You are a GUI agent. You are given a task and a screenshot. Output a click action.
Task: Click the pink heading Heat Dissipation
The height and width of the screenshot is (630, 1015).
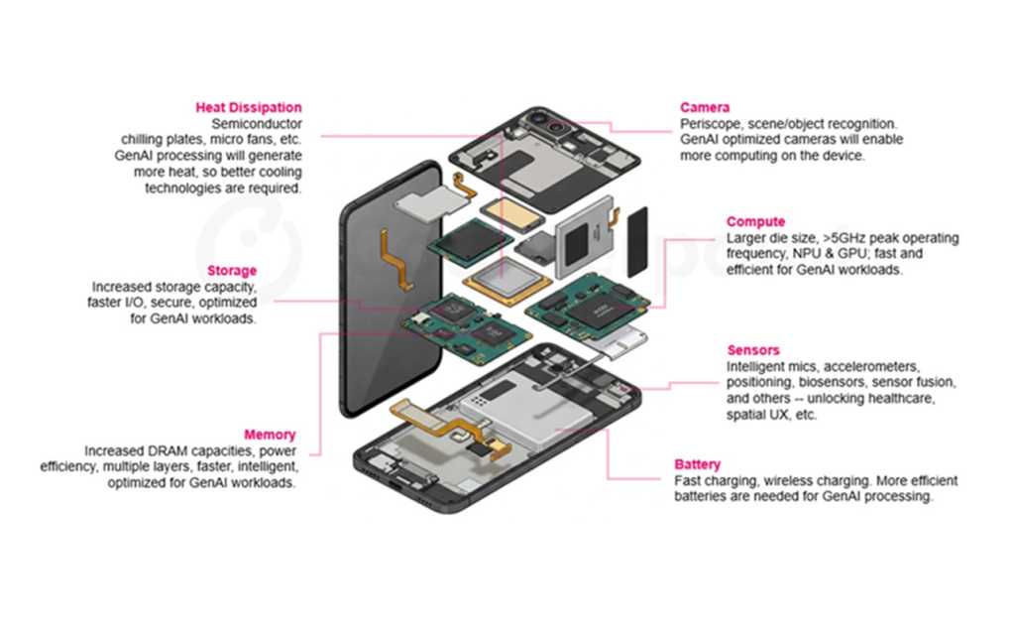[x=249, y=108]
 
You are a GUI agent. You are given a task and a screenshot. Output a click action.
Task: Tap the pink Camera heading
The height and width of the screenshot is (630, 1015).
[x=705, y=107]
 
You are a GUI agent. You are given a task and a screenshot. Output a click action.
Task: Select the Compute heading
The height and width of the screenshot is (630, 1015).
[x=755, y=222]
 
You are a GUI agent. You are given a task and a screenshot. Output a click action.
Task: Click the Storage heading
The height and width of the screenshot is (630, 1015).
[x=232, y=271]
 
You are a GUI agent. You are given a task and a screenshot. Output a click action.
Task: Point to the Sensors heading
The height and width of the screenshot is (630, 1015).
[x=753, y=350]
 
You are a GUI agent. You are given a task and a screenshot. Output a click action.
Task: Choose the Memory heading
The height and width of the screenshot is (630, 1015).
[x=270, y=435]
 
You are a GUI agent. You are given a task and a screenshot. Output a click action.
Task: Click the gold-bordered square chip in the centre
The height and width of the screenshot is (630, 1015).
[x=505, y=283]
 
